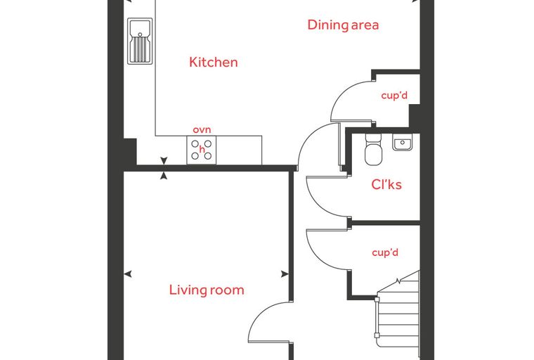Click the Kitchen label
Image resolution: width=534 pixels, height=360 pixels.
pos(213,62)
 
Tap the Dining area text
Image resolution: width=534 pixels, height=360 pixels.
pos(343,25)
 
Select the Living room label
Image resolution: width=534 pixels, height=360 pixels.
pos(207,290)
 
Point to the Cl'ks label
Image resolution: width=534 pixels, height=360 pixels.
pos(386,184)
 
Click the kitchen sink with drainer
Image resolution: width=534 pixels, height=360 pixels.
pos(140,41)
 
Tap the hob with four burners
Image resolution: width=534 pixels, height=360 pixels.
pos(201,150)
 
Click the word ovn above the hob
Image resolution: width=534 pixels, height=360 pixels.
pos(202,130)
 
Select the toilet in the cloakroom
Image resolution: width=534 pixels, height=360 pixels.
pos(374,150)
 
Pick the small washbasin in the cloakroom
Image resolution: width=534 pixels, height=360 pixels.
pos(402,142)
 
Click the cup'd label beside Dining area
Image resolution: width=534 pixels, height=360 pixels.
pos(394,96)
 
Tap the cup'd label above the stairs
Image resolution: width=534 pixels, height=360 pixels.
pos(385,252)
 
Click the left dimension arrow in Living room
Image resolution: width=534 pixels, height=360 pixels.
pos(128,274)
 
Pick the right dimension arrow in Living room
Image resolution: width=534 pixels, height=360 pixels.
pos(285,274)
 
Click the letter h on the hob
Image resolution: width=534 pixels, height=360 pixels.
pos(202,149)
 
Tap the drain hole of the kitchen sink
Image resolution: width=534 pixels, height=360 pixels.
pos(140,34)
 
